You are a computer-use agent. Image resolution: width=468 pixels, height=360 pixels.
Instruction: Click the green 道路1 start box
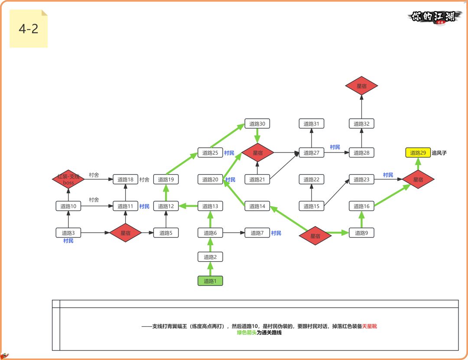pyautogui.click(x=210, y=281)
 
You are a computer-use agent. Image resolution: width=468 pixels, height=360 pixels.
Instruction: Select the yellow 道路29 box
pyautogui.click(x=418, y=152)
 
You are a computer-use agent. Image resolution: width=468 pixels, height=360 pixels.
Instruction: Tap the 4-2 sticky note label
pyautogui.click(x=29, y=29)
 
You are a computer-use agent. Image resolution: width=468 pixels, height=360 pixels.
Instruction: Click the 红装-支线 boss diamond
pyautogui.click(x=68, y=179)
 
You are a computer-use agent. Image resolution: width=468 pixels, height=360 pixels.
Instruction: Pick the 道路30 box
pyautogui.click(x=257, y=124)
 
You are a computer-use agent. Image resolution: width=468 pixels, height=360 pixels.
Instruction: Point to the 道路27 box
pyautogui.click(x=311, y=153)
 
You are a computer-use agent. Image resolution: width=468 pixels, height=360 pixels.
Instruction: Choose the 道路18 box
pyautogui.click(x=125, y=179)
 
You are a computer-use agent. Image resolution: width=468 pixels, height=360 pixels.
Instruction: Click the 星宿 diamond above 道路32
pyautogui.click(x=361, y=86)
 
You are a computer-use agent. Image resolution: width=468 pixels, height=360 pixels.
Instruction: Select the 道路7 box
pyautogui.click(x=257, y=233)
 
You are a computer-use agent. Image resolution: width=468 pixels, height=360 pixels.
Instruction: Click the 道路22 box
pyautogui.click(x=311, y=179)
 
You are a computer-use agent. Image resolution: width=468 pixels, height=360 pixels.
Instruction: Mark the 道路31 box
pyautogui.click(x=311, y=124)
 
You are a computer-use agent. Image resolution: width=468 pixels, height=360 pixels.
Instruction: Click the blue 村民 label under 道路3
pyautogui.click(x=68, y=241)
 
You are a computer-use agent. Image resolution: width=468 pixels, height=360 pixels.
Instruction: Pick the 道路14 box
pyautogui.click(x=257, y=206)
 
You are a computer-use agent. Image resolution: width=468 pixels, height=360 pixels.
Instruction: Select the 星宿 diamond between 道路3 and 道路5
pyautogui.click(x=125, y=233)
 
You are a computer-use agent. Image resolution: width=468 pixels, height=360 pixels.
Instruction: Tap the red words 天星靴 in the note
pyautogui.click(x=370, y=326)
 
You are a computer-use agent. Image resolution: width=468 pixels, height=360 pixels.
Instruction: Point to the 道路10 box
pyautogui.click(x=68, y=206)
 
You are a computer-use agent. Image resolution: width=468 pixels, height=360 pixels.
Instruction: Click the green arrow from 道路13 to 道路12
pyautogui.click(x=188, y=206)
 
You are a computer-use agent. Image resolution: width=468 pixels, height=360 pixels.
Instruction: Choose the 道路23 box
pyautogui.click(x=361, y=179)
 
